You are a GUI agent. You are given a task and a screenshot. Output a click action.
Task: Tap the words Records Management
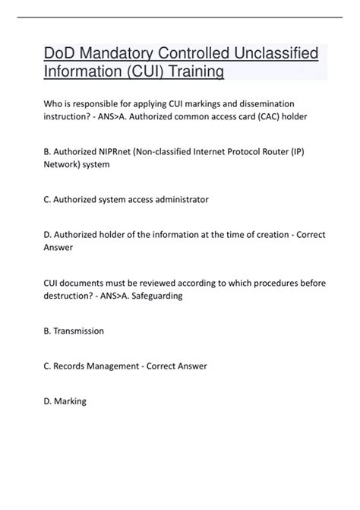(x=98, y=366)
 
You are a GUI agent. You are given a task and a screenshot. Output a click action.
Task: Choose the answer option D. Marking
(x=65, y=401)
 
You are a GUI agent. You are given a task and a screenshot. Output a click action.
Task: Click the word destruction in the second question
(x=69, y=296)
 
